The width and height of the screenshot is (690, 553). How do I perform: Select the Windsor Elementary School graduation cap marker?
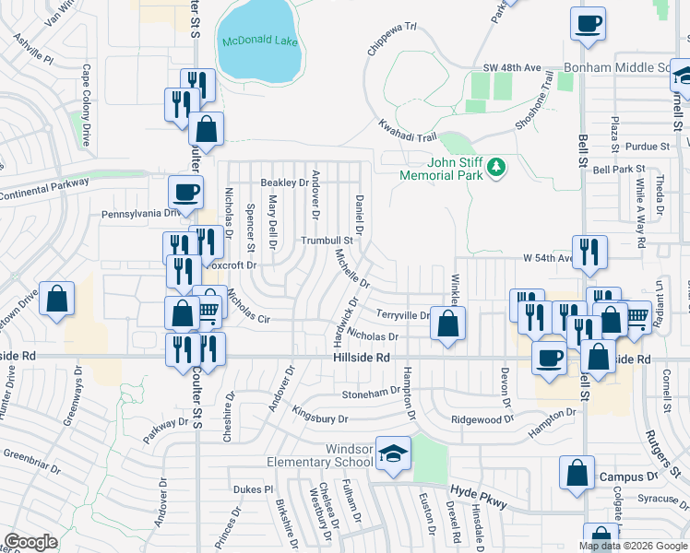[x=394, y=454]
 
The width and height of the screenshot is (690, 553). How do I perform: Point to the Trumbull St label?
[x=327, y=241]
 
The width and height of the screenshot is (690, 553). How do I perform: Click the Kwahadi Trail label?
[x=407, y=130]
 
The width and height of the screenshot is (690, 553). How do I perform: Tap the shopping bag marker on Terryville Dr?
[x=447, y=324]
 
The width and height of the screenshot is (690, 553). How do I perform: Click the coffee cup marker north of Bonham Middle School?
[x=588, y=24]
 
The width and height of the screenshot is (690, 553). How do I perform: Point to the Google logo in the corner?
[x=30, y=542]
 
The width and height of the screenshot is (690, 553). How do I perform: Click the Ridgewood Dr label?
[x=482, y=419]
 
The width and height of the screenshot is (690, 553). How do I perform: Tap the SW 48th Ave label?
[x=512, y=68]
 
